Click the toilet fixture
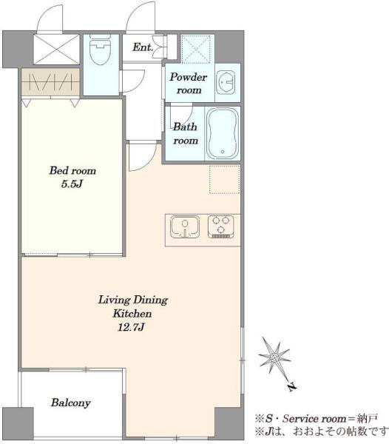100,50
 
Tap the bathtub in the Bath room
223,134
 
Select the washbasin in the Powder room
226,82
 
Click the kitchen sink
185,227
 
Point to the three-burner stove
221,226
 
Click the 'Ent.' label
143,47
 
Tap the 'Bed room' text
72,170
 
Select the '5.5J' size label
72,184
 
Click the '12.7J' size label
132,327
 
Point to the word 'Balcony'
71,403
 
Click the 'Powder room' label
188,83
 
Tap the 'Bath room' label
186,133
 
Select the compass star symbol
274,357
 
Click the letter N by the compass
292,386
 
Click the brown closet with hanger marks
50,82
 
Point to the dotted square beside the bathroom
224,180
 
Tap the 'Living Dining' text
133,300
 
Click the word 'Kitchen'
132,314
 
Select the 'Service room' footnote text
314,419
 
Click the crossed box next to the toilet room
57,50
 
